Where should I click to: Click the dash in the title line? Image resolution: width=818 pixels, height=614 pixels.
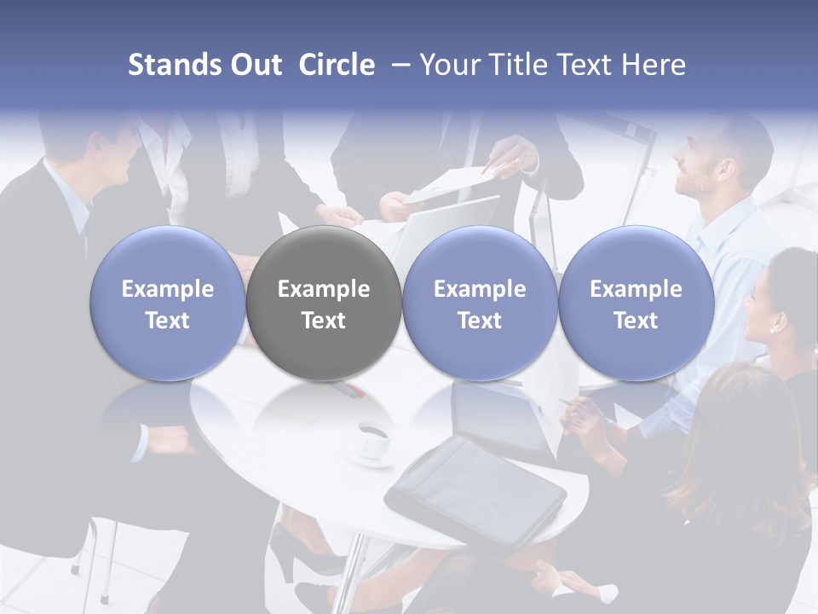(401, 65)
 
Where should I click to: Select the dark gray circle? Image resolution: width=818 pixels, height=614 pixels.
(324, 304)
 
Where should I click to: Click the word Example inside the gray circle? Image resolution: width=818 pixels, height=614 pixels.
(324, 289)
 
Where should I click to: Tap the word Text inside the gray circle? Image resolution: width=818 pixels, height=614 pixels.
(324, 321)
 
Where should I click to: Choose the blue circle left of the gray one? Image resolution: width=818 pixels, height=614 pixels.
(168, 304)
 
